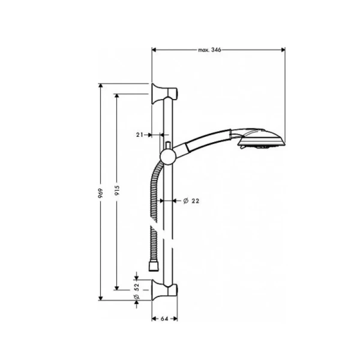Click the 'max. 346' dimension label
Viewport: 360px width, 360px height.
click(210, 50)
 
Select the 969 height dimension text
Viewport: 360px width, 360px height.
click(102, 191)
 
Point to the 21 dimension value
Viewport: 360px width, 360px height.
click(140, 136)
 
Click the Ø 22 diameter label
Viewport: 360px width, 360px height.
click(190, 201)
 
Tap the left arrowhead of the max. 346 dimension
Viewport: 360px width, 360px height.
click(154, 50)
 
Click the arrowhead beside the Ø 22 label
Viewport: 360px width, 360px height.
click(175, 201)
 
